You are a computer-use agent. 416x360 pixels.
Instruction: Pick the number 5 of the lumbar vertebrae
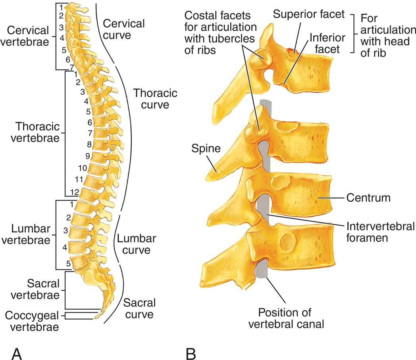coord(69,262)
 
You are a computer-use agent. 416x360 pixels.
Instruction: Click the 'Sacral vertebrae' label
coord(43,289)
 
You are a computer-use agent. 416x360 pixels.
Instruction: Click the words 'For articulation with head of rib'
coord(384,35)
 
